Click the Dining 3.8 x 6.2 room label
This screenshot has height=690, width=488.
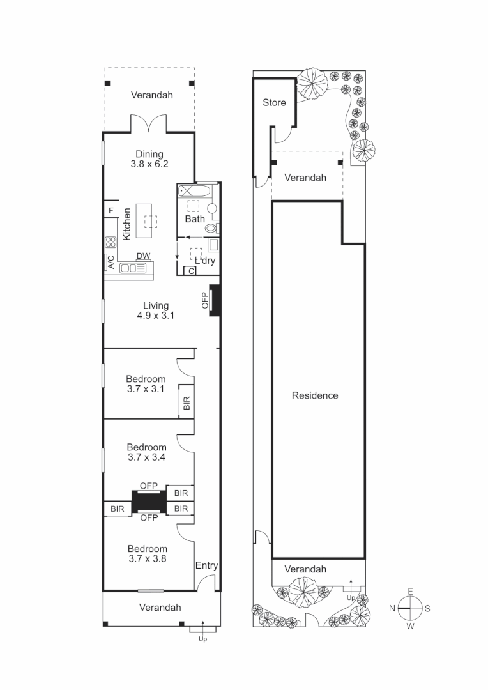pos(149,159)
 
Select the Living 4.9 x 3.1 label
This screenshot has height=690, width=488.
pos(155,310)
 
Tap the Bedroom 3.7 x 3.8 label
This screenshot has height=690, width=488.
pos(147,553)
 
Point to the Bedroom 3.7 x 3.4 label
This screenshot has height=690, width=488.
pos(146,452)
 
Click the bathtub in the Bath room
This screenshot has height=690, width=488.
pos(193,190)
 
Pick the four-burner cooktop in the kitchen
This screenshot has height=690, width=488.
pos(111,242)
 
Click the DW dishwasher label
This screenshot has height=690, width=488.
pos(143,256)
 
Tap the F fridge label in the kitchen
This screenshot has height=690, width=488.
pos(111,210)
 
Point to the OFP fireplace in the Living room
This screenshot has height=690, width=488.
pos(213,300)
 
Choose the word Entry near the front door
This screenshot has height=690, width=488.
pos(206,565)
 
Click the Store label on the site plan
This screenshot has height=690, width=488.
pos(274,102)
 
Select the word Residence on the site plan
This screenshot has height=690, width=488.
pos(315,395)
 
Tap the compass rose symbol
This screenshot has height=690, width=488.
pos(409,608)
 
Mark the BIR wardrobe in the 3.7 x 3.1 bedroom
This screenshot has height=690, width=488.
pos(187,402)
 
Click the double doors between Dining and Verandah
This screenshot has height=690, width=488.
pos(149,124)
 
